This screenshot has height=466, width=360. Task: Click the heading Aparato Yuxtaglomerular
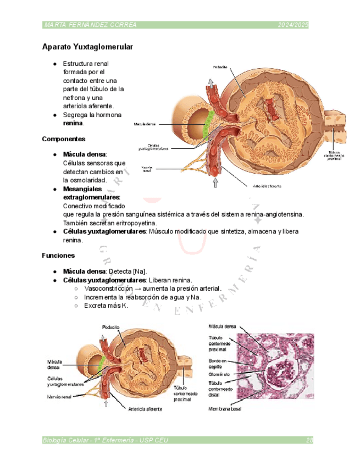(87, 47)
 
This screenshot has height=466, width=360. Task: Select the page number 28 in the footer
(309, 440)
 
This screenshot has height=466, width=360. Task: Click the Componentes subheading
(63, 139)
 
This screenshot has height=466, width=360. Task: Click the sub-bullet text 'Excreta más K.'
(106, 306)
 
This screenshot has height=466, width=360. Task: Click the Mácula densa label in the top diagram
(145, 125)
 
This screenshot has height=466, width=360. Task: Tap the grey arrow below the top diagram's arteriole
(215, 182)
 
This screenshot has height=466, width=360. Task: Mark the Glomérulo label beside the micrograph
(220, 374)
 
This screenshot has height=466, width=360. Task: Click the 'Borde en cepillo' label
(219, 364)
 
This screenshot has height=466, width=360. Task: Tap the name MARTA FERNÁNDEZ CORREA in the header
(90, 25)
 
